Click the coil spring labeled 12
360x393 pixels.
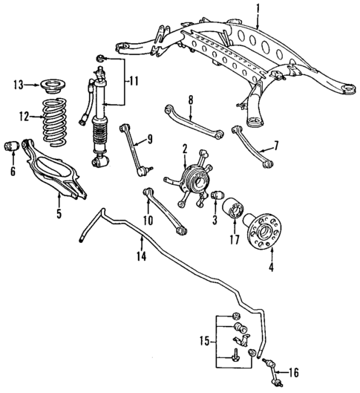(x=55, y=117)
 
